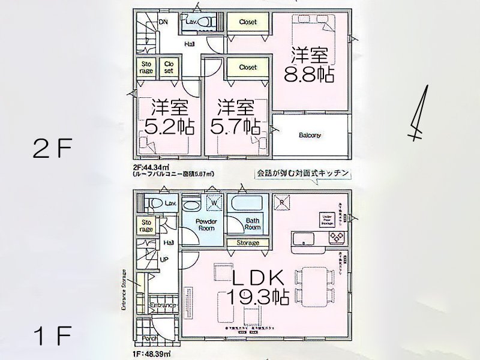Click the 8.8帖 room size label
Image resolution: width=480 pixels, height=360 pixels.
[x=310, y=76]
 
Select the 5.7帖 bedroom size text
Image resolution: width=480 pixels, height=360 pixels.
[x=235, y=127]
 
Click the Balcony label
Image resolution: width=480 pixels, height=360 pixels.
[x=310, y=136]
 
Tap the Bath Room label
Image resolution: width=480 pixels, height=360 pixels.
[x=253, y=224]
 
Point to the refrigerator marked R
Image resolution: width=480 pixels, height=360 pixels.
[x=283, y=202]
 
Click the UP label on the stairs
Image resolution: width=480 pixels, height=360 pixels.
[x=163, y=260]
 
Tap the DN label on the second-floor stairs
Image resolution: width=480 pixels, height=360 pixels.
[x=163, y=22]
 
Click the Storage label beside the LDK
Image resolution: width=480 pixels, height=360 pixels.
[x=247, y=243]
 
